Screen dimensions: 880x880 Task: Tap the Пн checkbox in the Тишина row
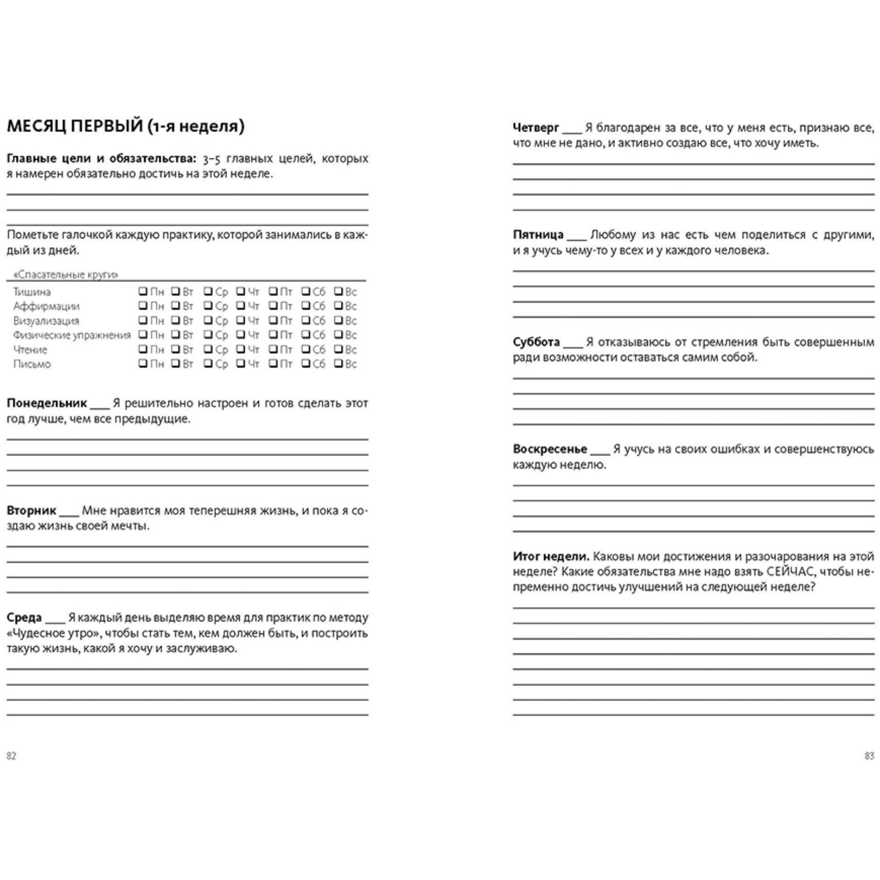click(x=143, y=291)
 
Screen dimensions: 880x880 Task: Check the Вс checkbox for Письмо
click(x=339, y=364)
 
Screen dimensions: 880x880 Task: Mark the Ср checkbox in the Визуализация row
click(x=208, y=320)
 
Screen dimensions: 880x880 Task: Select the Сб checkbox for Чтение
click(x=306, y=349)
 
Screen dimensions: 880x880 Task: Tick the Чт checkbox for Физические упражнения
click(x=241, y=334)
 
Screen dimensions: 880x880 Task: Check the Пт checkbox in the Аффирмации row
click(x=273, y=306)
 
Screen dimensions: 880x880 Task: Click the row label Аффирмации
click(x=46, y=306)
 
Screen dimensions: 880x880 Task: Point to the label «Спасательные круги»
click(x=65, y=274)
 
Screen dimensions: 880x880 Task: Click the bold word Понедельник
click(x=47, y=403)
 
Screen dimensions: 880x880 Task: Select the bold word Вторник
click(x=31, y=510)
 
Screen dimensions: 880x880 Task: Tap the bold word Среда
click(x=24, y=618)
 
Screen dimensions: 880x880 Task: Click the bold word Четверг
click(x=536, y=128)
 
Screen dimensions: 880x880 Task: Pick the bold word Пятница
click(x=538, y=235)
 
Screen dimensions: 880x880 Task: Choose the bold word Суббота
click(x=536, y=342)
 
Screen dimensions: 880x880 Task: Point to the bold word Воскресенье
click(x=550, y=449)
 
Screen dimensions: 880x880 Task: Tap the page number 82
click(x=12, y=756)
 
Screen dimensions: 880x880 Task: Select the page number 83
click(x=869, y=756)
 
